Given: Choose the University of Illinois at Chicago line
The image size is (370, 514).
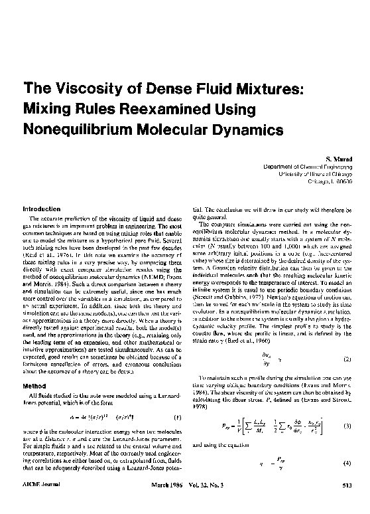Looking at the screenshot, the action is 314,174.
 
